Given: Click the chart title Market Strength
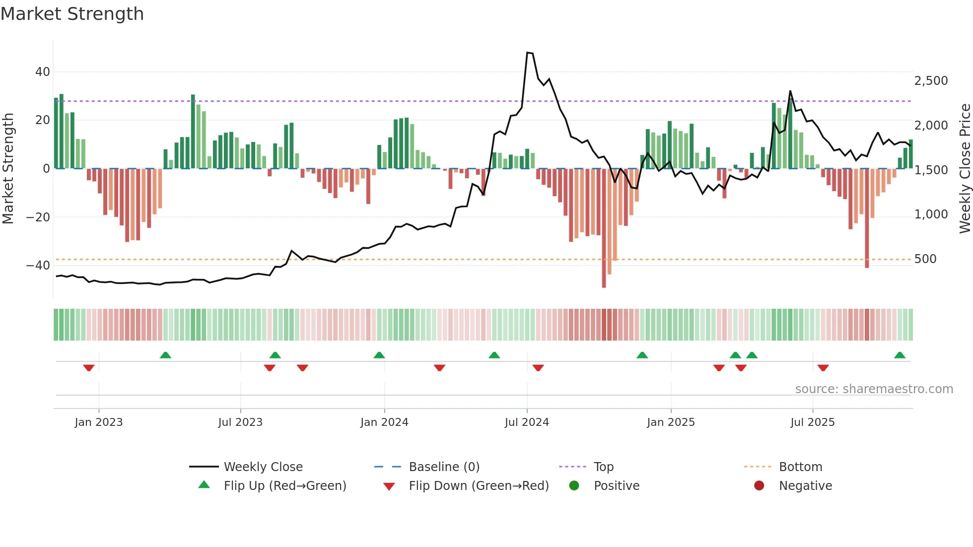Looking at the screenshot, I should [x=72, y=14].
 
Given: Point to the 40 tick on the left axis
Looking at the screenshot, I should [x=43, y=72].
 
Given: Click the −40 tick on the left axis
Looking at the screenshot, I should [x=38, y=266].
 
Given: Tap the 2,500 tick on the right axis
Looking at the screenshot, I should [x=931, y=81].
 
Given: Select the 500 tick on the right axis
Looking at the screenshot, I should [x=925, y=259].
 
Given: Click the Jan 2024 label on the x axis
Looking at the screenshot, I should [x=384, y=422].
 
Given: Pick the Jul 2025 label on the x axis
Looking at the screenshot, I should [x=812, y=422].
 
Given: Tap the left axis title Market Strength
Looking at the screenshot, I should [x=8, y=169].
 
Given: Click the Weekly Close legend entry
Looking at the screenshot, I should [x=263, y=467].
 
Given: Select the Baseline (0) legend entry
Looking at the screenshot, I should [x=444, y=467].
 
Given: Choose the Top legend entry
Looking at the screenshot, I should [x=603, y=467].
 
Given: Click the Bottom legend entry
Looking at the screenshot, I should [x=800, y=467].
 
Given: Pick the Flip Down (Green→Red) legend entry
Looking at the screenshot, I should [x=478, y=486].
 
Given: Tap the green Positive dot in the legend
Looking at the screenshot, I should [x=574, y=486].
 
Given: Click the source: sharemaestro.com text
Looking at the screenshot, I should [x=874, y=389].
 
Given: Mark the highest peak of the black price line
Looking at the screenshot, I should [x=529, y=53].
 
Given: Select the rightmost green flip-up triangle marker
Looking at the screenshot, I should [x=900, y=355].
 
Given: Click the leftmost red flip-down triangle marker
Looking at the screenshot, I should [x=89, y=368].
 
